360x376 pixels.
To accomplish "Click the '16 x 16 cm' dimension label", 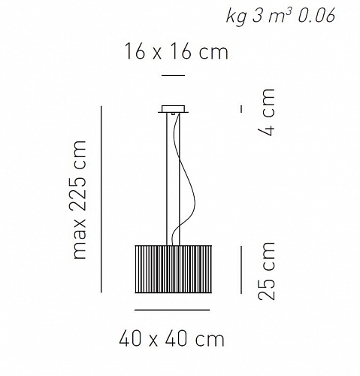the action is pyautogui.click(x=177, y=51).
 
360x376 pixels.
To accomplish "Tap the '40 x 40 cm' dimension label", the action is pyautogui.click(x=171, y=339).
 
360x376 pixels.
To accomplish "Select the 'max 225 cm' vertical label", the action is pyautogui.click(x=80, y=199).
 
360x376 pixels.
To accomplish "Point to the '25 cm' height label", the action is pyautogui.click(x=267, y=271).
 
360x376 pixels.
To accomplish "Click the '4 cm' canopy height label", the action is pyautogui.click(x=267, y=112).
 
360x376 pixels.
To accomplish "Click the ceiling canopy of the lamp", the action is pyautogui.click(x=173, y=109).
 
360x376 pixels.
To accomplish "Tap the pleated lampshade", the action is pyautogui.click(x=174, y=269).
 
